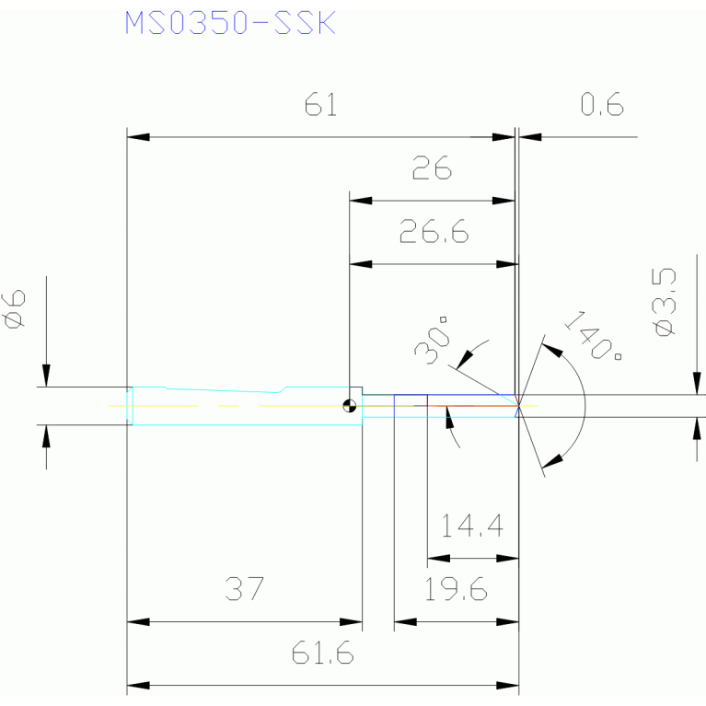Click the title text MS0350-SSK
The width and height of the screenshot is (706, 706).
230,22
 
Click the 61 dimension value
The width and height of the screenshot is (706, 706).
320,104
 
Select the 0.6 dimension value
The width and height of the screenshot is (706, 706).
602,104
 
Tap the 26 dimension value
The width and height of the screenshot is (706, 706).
432,168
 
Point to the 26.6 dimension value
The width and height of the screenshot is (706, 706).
434,231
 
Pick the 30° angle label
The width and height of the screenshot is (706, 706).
433,341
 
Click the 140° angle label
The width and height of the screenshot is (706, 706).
593,335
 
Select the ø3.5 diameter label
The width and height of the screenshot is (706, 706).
664,302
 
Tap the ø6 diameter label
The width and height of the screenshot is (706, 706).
14,309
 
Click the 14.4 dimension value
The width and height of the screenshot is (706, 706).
472,526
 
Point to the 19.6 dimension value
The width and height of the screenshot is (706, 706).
456,589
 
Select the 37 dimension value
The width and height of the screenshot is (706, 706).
245,588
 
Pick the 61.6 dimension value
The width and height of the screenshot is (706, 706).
322,653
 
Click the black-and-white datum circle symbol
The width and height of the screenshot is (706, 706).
350,406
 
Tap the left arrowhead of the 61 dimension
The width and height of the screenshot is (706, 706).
138,137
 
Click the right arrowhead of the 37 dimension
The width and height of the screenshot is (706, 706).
351,622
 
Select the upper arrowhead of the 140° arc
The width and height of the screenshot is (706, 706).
552,351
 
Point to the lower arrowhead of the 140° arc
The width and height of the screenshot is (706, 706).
552,461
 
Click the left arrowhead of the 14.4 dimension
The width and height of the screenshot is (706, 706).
438,559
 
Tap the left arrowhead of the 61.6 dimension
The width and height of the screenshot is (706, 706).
138,686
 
